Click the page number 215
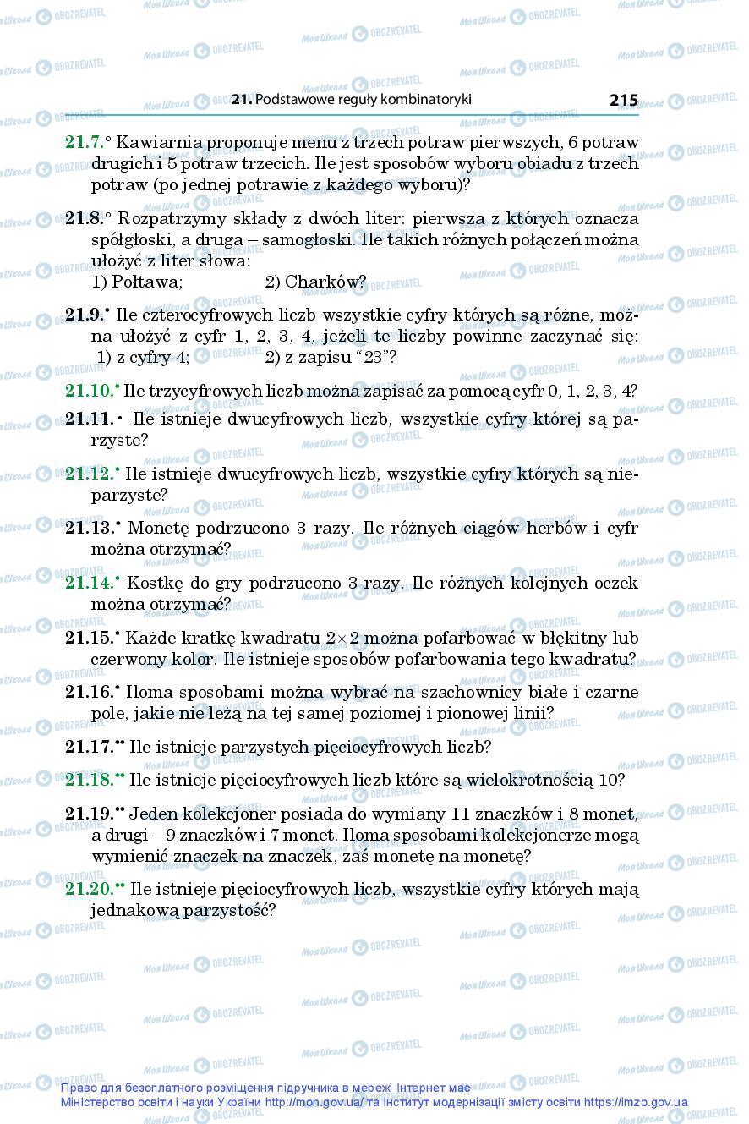[x=623, y=100]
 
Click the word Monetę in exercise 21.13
[x=152, y=529]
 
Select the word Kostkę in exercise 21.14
[x=150, y=584]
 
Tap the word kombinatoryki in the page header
[x=425, y=100]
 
